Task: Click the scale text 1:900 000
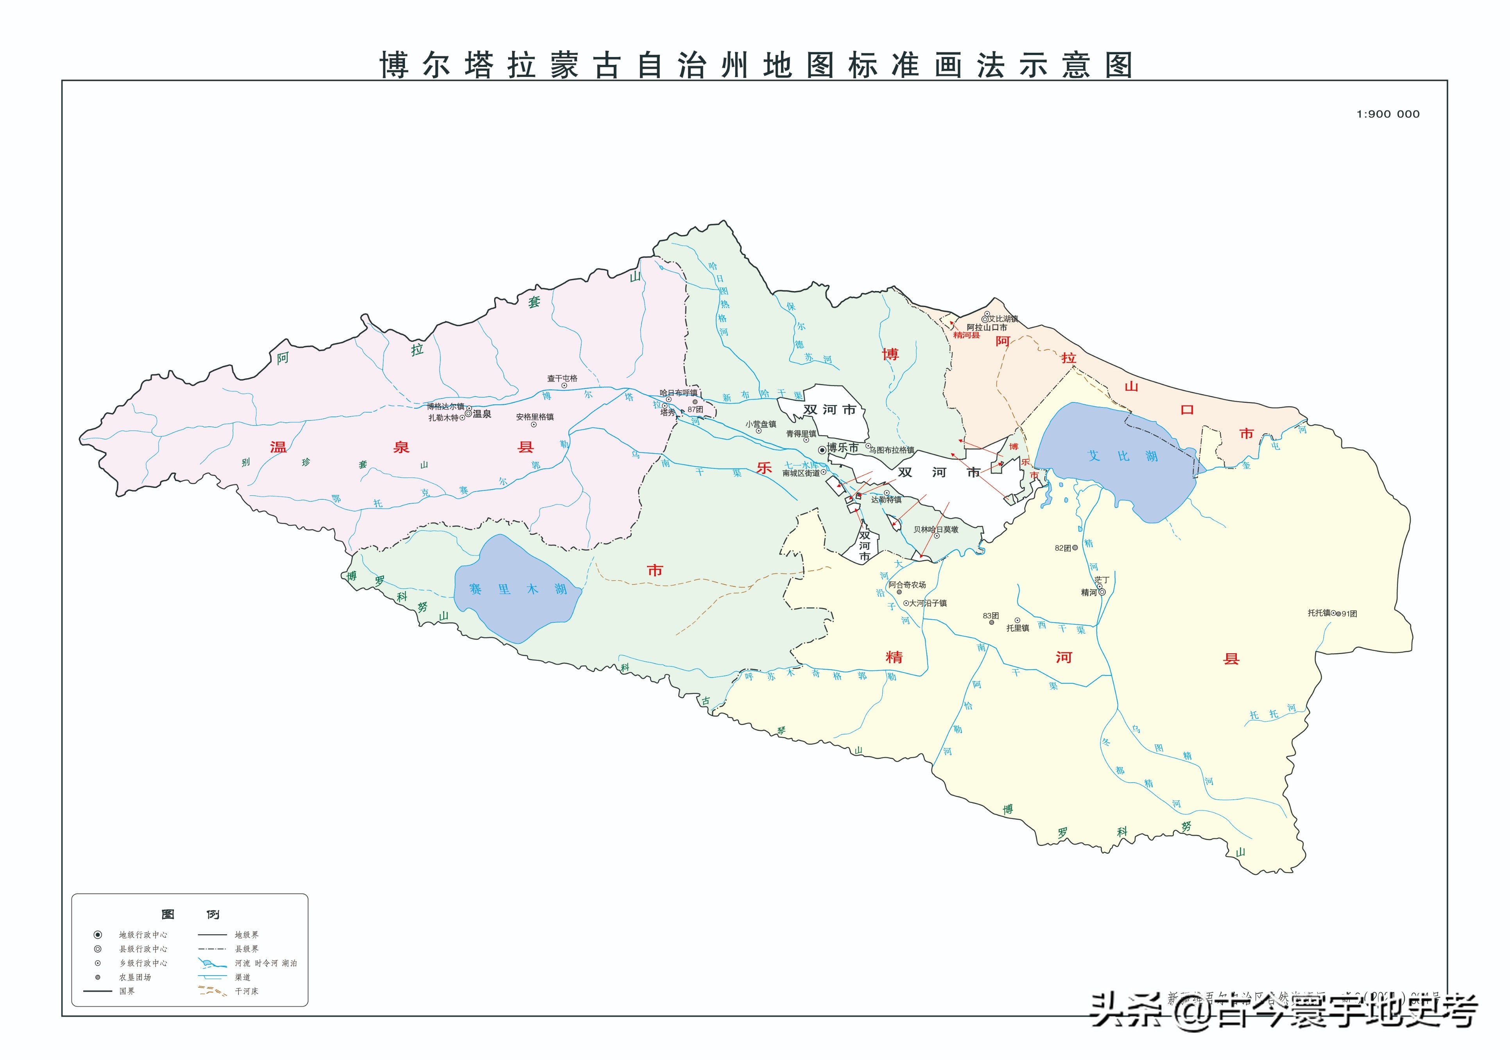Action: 1388,114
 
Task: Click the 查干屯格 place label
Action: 562,378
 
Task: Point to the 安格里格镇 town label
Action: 535,417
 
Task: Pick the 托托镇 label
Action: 1318,613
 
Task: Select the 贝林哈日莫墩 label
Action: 936,529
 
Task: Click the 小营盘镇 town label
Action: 761,424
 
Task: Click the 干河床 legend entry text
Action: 247,991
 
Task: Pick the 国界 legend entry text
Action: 127,991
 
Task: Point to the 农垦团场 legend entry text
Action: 135,977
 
